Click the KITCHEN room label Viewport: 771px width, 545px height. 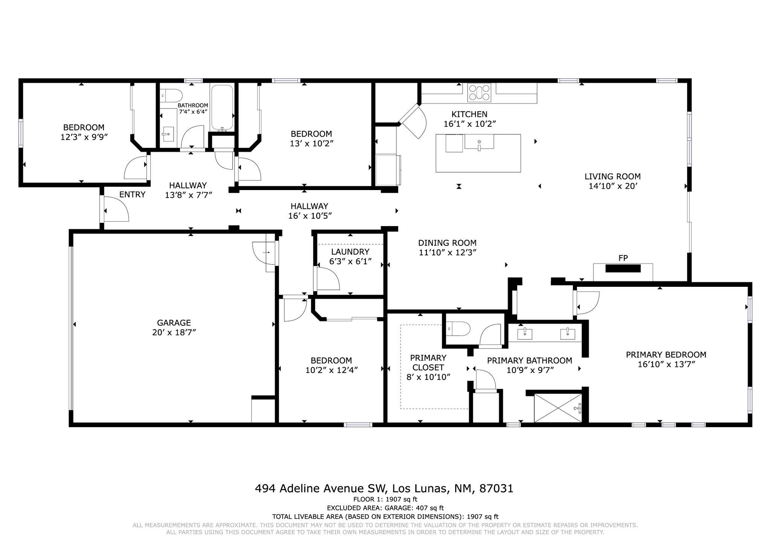469,114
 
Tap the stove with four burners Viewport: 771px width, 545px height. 479,92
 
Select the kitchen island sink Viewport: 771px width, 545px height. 479,143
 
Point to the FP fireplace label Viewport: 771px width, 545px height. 623,258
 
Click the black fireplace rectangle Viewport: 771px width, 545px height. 623,268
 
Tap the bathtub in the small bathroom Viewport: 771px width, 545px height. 222,107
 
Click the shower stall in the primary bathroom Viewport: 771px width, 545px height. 558,408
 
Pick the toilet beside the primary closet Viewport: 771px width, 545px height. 459,329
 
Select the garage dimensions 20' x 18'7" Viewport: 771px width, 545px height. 174,332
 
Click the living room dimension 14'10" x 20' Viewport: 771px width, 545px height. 613,186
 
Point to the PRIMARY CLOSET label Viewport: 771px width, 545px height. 428,362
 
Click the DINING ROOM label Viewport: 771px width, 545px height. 447,243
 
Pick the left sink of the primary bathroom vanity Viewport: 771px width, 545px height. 524,333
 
